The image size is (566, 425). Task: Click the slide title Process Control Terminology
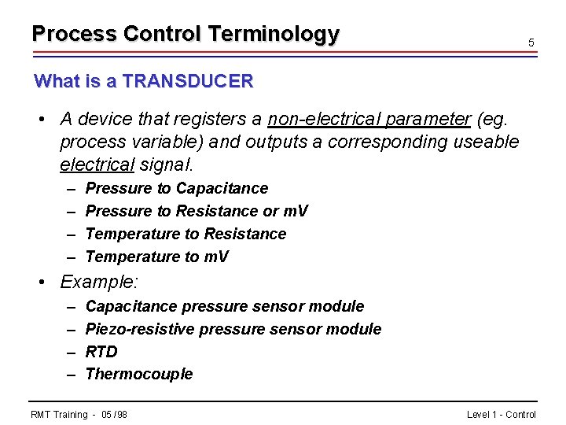click(186, 34)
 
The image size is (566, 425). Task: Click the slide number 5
click(531, 42)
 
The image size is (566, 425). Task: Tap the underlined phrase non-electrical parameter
click(369, 119)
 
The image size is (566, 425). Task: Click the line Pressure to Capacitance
click(176, 188)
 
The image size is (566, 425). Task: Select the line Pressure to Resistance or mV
click(197, 211)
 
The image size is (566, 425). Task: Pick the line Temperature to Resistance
click(186, 234)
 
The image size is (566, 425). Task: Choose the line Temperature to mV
click(156, 257)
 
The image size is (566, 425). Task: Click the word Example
click(99, 282)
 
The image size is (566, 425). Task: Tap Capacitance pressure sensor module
click(224, 306)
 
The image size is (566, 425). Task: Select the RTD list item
click(101, 352)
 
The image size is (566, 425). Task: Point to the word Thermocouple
click(138, 374)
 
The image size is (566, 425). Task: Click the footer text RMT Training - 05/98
click(79, 415)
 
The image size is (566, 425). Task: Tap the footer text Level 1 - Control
click(501, 415)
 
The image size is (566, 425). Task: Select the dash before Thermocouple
click(71, 374)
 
